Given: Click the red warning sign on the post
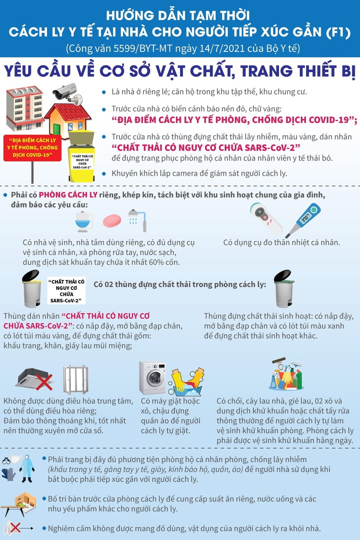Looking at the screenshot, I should pyautogui.click(x=32, y=147).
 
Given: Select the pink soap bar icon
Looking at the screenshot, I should pyautogui.click(x=112, y=220).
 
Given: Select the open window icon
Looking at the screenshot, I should pyautogui.click(x=75, y=379).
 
